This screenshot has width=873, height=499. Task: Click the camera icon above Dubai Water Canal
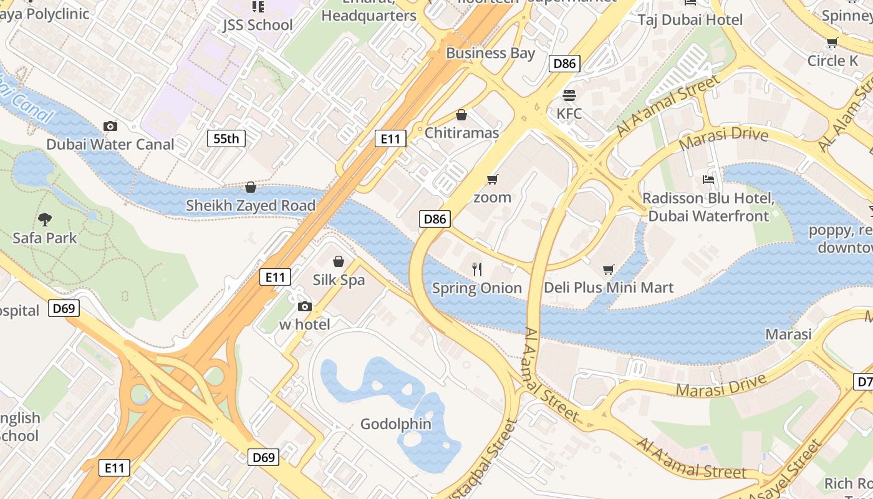point(110,127)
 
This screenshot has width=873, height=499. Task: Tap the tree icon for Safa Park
point(44,219)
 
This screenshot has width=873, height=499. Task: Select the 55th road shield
point(226,138)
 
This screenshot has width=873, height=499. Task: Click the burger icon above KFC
point(569,95)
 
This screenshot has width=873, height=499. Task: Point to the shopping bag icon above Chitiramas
point(461,115)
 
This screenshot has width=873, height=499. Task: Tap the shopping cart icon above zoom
point(492,180)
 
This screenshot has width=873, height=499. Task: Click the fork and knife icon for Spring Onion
point(477,269)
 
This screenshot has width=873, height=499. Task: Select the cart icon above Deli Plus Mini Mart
point(609,269)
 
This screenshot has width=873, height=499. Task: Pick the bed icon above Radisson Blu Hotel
point(708,180)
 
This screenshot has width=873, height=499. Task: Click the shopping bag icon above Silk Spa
point(339,261)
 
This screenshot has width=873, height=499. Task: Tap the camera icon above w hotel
point(304,306)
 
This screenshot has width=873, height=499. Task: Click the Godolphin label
point(396,424)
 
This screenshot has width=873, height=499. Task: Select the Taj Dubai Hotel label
point(690,20)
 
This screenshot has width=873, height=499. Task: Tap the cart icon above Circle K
point(832,42)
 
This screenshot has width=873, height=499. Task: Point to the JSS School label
point(258,25)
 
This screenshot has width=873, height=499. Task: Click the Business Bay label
point(490,53)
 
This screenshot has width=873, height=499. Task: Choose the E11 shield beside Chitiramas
point(390,138)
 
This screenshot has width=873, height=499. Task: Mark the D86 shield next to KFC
point(564,63)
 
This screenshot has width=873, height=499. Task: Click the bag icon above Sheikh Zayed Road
point(251,187)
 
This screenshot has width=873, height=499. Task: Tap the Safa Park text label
point(45,238)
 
